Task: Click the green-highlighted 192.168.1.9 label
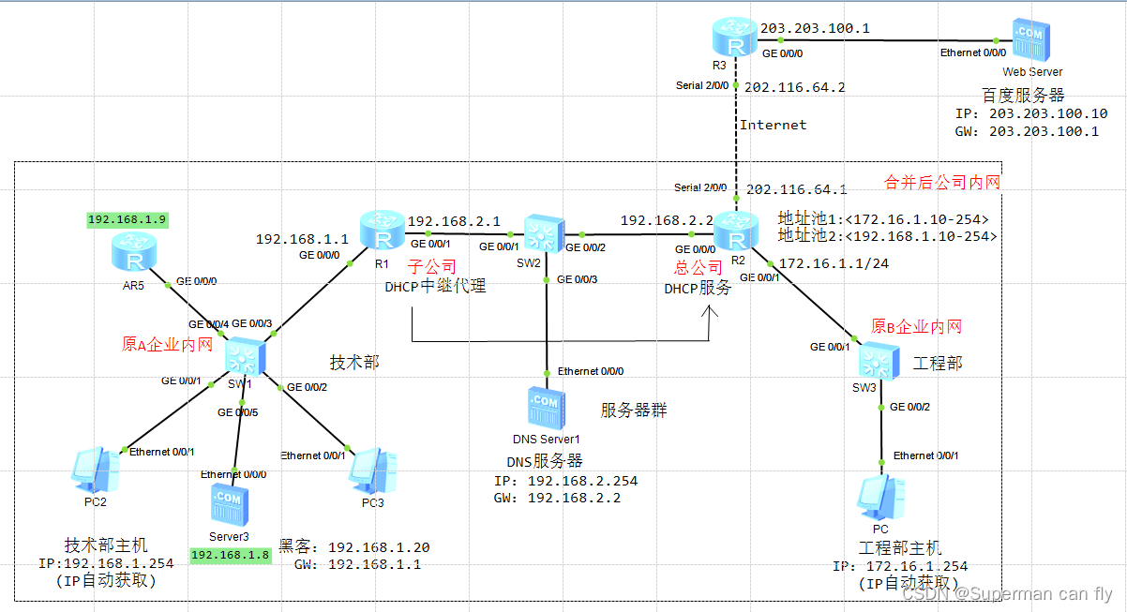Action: (127, 219)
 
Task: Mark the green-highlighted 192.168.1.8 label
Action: (230, 555)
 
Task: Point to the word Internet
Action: (773, 125)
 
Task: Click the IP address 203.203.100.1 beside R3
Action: (814, 29)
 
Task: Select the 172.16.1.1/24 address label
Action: (834, 264)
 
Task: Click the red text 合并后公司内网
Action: (942, 182)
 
